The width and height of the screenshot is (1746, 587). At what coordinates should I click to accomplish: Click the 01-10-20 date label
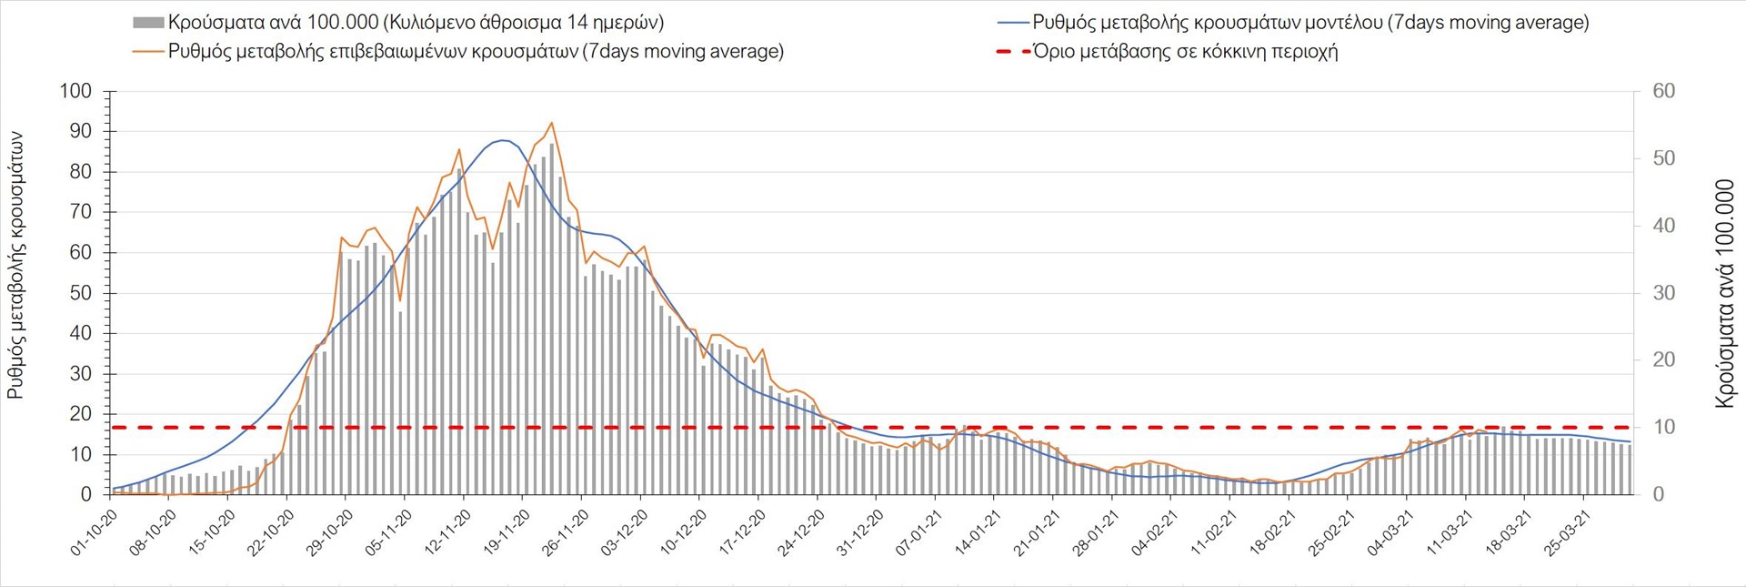[94, 533]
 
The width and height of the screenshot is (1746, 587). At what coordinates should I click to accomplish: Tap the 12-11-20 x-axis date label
[447, 533]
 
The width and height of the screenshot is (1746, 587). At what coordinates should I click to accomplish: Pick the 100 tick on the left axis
[75, 91]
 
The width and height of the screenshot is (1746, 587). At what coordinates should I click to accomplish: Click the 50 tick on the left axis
[81, 293]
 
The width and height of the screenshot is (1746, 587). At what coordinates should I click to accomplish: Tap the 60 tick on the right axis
[1664, 91]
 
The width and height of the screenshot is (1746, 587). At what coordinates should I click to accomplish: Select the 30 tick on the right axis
[1664, 293]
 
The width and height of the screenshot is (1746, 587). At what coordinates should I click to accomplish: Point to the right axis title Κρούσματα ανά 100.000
[1724, 293]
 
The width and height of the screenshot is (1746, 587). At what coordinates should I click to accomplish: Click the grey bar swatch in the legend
[148, 23]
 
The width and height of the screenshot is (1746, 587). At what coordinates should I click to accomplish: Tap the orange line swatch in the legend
[148, 51]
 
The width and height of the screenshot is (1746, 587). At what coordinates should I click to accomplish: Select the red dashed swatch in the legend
[1013, 52]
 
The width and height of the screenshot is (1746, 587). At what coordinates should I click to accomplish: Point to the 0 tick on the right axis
[1659, 494]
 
